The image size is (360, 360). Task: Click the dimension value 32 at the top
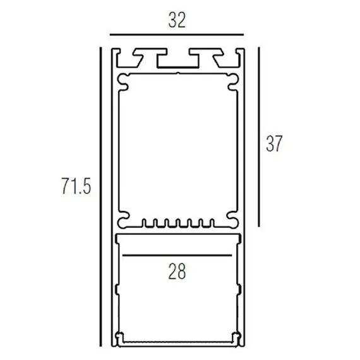click(x=177, y=20)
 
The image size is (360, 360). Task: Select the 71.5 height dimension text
click(x=76, y=186)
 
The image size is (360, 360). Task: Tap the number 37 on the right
click(x=274, y=144)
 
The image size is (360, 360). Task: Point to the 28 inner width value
click(x=177, y=272)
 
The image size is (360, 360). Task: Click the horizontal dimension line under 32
click(x=177, y=35)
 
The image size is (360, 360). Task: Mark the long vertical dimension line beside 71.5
click(x=100, y=197)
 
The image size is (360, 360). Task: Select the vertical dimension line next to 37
click(x=259, y=137)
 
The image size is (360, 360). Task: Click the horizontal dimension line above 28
click(x=177, y=255)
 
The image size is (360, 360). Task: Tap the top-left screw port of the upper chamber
click(x=124, y=81)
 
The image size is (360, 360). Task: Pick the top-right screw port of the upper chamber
click(x=232, y=81)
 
